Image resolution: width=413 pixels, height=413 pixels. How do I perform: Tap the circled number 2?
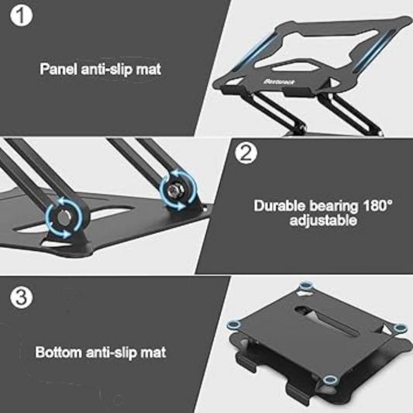coord(246,153)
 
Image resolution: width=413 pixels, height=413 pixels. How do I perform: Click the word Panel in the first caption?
coord(58,68)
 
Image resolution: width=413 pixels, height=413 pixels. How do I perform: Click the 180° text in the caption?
coord(377,206)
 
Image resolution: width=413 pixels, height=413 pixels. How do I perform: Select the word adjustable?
coord(323,220)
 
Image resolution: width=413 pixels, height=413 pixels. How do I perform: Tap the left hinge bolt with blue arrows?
coord(59,215)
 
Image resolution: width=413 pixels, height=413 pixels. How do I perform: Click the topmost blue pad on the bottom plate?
coord(305,287)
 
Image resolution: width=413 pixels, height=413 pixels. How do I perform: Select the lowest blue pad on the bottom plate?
coord(331,379)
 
